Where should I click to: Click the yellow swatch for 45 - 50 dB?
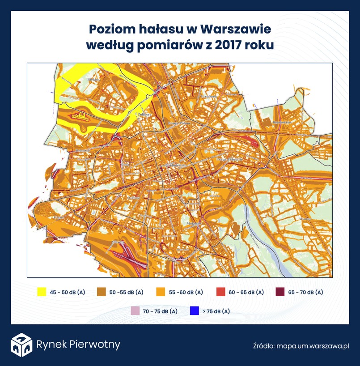(x=42, y=292)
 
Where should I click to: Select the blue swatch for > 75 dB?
(x=194, y=311)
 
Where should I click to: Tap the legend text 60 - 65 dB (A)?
(x=246, y=292)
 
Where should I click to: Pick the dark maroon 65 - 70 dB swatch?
(x=280, y=292)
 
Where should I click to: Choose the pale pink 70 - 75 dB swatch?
(x=135, y=311)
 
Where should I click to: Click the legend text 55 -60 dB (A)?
(x=186, y=292)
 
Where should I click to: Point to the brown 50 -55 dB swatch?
(x=101, y=292)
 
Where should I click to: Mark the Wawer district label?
(x=305, y=219)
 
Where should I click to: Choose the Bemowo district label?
(x=83, y=151)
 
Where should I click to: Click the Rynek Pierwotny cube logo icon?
(x=21, y=345)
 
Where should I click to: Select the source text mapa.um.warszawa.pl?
(x=313, y=346)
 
